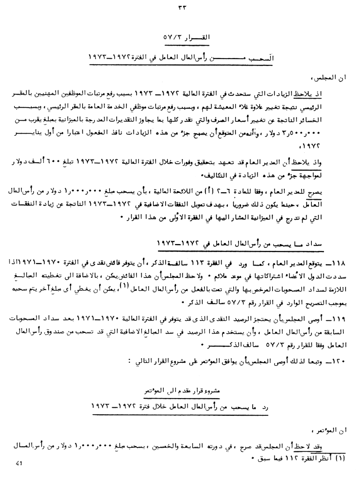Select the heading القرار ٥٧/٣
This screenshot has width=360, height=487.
pos(186,37)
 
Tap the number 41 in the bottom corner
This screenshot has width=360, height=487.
pos(19,464)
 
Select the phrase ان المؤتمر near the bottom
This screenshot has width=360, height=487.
pos(330,430)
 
